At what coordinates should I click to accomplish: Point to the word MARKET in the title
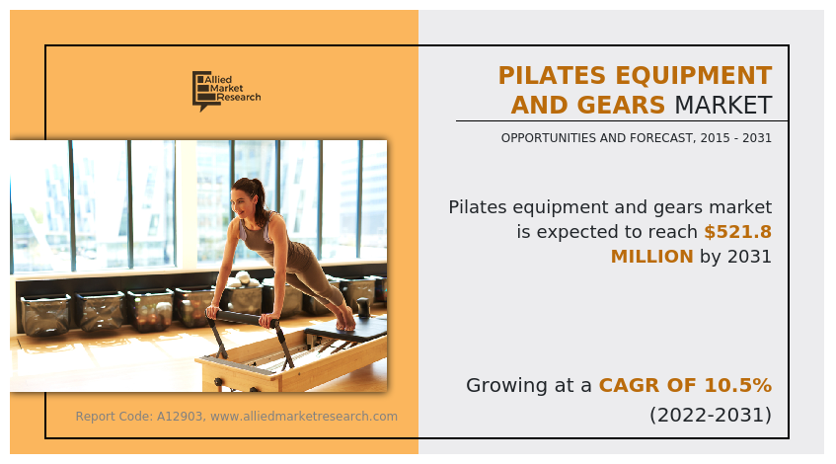pyautogui.click(x=722, y=105)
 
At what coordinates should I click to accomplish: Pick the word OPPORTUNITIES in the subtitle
pyautogui.click(x=549, y=138)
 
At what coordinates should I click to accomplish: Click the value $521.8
pyautogui.click(x=737, y=232)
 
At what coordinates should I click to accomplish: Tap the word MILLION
pyautogui.click(x=651, y=257)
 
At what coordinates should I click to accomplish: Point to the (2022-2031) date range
pyautogui.click(x=710, y=415)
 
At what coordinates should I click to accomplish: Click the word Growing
pyautogui.click(x=514, y=385)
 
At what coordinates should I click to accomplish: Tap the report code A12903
pyautogui.click(x=179, y=417)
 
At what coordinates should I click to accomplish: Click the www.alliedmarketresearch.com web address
pyautogui.click(x=304, y=417)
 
